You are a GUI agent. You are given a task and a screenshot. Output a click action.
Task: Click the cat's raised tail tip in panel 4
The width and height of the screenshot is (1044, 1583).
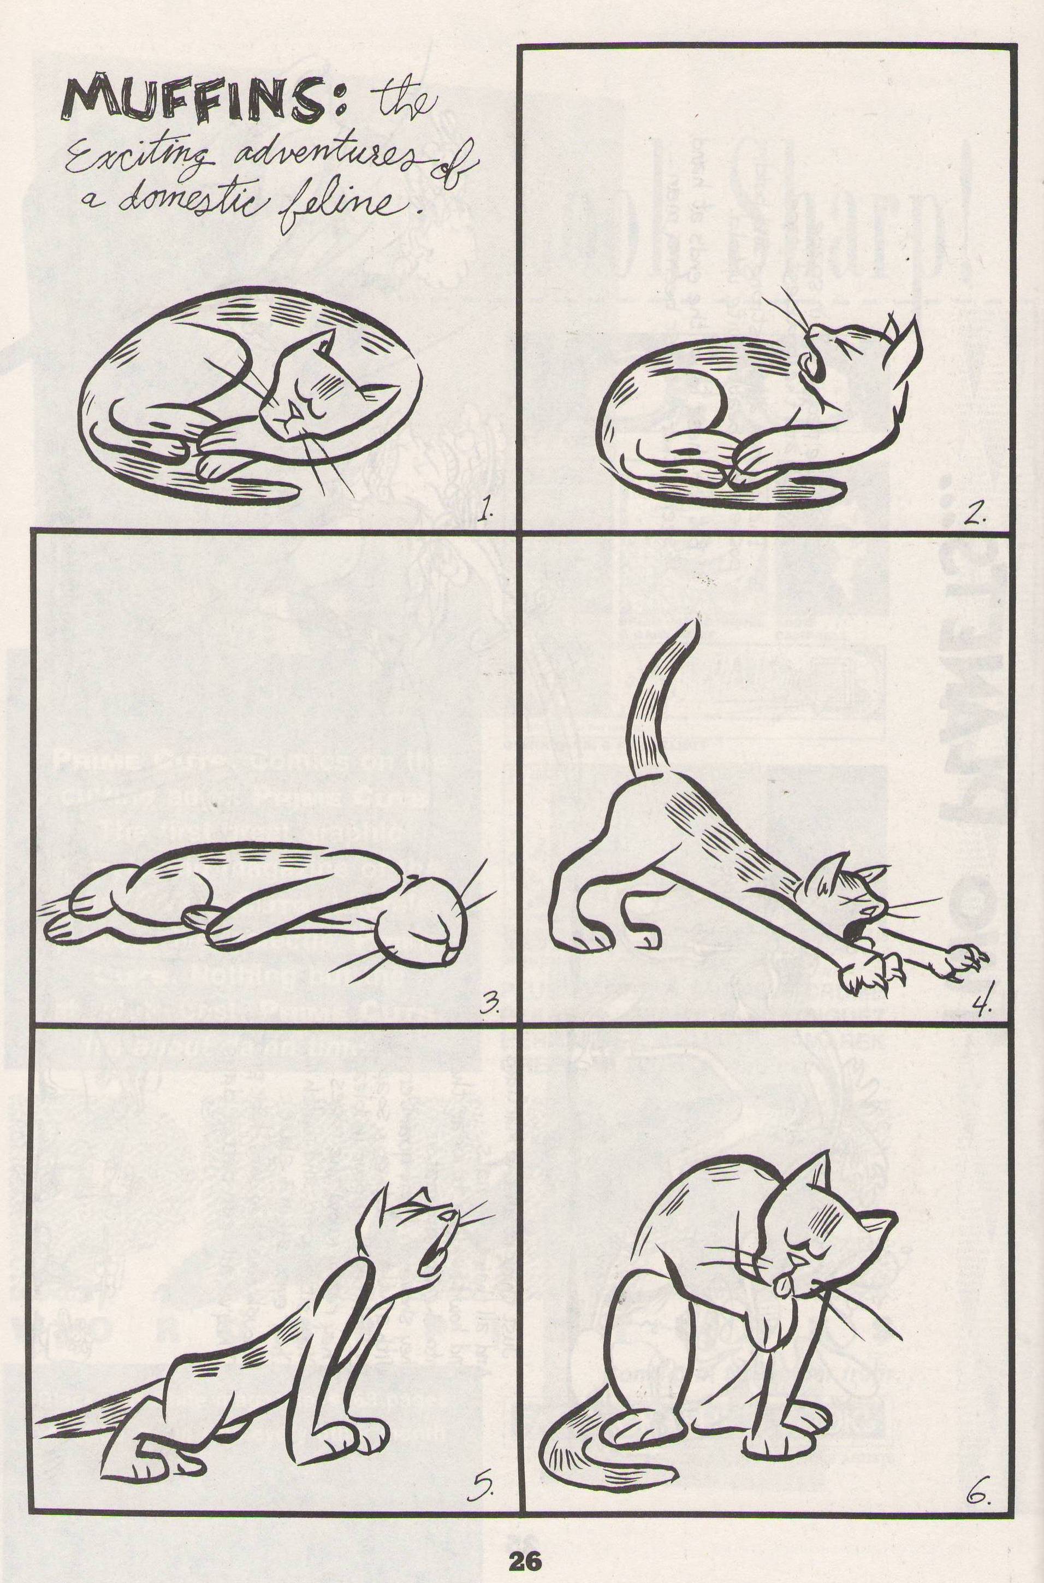click(x=694, y=623)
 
